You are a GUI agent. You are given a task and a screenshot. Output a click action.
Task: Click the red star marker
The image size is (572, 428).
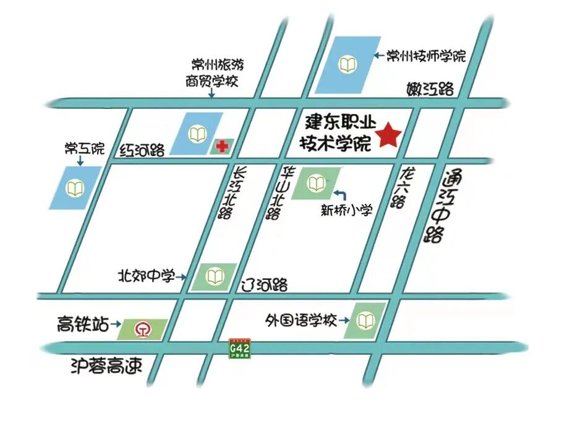pos(390,135)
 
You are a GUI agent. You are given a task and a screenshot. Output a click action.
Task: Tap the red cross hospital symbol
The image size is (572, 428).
pos(220,147)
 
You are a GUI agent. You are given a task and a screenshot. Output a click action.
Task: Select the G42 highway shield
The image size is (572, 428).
pos(239,349)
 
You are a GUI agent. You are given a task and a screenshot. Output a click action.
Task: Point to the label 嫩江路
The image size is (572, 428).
pos(430,88)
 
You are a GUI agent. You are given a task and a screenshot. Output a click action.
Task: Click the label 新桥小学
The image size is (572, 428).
pos(346,211)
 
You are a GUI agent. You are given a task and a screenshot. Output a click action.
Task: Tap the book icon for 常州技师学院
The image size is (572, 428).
pos(348,63)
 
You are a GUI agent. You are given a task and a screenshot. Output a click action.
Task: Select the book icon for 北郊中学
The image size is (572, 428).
pos(215,276)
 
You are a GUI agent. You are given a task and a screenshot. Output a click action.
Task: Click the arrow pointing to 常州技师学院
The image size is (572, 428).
pos(379,56)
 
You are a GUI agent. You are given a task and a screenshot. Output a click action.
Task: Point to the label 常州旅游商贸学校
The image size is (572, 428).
pos(212,72)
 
